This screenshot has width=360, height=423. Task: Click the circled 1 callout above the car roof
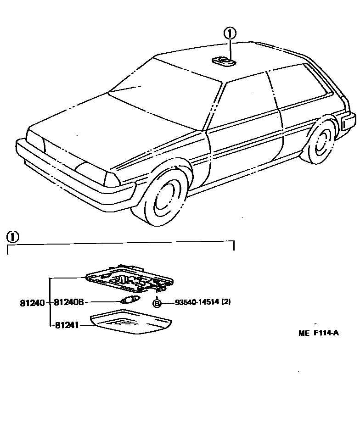pos(230,33)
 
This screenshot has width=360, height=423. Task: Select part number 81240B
pos(68,302)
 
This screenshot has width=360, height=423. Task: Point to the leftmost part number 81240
pos(32,302)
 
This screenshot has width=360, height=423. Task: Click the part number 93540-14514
pos(197,303)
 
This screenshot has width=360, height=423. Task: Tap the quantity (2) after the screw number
pos(226,303)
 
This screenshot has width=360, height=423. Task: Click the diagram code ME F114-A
pos(319,334)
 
